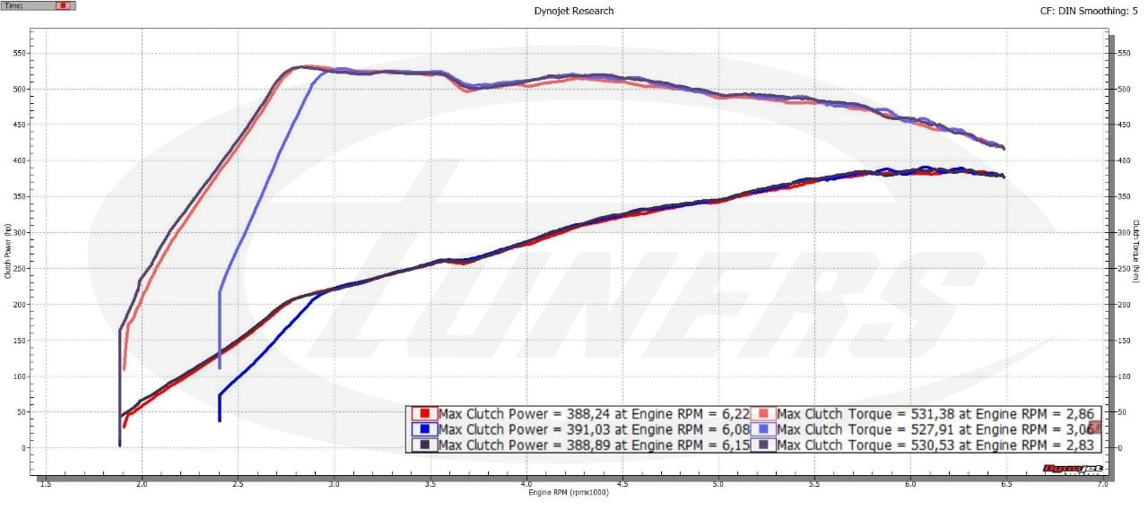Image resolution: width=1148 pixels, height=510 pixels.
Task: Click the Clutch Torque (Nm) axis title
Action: tap(1135, 252)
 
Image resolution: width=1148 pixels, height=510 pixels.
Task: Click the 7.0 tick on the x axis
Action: tap(1103, 484)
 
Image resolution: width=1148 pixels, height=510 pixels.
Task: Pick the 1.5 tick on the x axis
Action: tap(46, 484)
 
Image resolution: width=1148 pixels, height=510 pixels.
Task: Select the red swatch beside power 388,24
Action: tap(426, 414)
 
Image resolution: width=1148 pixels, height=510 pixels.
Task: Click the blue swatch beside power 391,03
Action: tap(426, 429)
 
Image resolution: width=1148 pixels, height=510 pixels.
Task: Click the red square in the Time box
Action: tap(62, 5)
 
